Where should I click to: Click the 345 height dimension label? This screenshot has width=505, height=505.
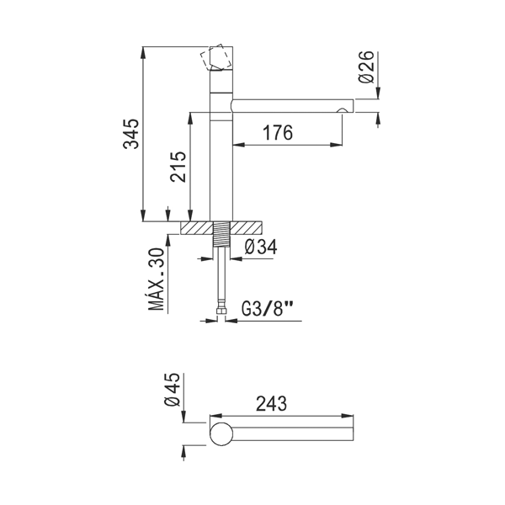click(131, 134)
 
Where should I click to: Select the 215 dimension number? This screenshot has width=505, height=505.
click(178, 167)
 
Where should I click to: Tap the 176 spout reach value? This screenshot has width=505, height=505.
click(278, 133)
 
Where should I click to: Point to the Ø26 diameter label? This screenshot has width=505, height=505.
click(366, 67)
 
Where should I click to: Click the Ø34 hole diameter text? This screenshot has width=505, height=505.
click(261, 247)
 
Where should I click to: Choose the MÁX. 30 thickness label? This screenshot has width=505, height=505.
click(157, 279)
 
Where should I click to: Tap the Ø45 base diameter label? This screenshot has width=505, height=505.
click(172, 390)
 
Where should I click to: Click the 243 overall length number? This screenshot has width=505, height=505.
click(271, 404)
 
